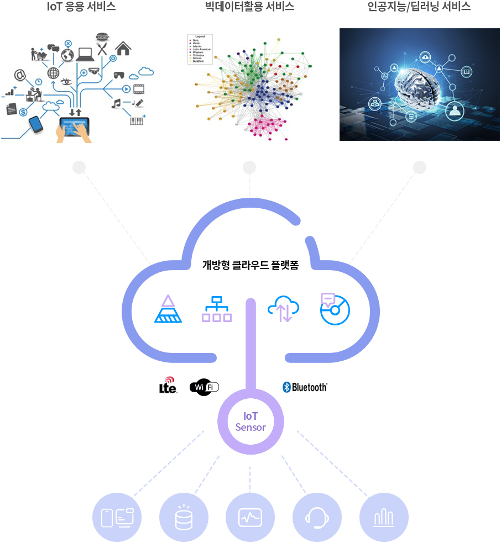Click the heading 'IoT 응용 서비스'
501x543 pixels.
point(81,7)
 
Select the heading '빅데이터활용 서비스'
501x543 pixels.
point(249,7)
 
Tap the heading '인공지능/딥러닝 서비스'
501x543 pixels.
point(419,7)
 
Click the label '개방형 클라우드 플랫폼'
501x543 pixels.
point(251,265)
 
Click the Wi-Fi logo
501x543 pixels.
point(204,387)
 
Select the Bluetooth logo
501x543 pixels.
point(305,387)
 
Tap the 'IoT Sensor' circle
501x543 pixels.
point(251,422)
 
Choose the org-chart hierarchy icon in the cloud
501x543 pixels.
point(216,309)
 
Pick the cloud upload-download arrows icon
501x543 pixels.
point(283,310)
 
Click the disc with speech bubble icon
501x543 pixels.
point(334,309)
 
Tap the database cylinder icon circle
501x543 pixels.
point(184,518)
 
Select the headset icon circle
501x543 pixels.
point(317,518)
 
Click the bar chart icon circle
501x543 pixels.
point(384,518)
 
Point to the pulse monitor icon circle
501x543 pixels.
point(250,518)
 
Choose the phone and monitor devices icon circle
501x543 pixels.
point(117,518)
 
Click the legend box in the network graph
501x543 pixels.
point(201,49)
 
